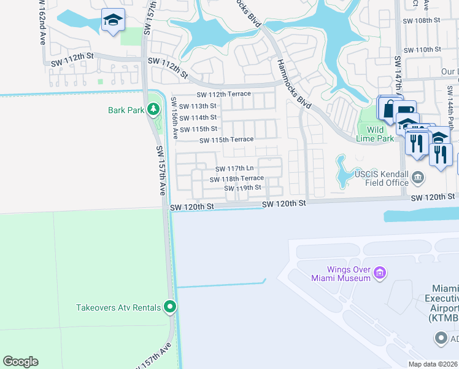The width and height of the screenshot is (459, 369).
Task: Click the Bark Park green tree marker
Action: (x=153, y=110)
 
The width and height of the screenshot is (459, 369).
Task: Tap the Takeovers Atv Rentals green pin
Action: (x=171, y=307)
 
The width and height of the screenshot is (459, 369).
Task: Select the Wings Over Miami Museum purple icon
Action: (x=380, y=272)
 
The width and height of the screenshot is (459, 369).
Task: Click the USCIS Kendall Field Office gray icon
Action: (x=418, y=178)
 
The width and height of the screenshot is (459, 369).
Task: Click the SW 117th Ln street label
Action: (x=234, y=169)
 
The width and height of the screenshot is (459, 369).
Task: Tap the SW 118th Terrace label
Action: (x=236, y=178)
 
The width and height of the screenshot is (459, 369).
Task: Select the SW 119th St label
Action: (x=243, y=188)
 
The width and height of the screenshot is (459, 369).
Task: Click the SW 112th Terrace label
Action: (x=223, y=94)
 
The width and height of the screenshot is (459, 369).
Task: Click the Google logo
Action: (x=20, y=362)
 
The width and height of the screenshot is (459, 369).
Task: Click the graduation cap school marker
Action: (x=113, y=21)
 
